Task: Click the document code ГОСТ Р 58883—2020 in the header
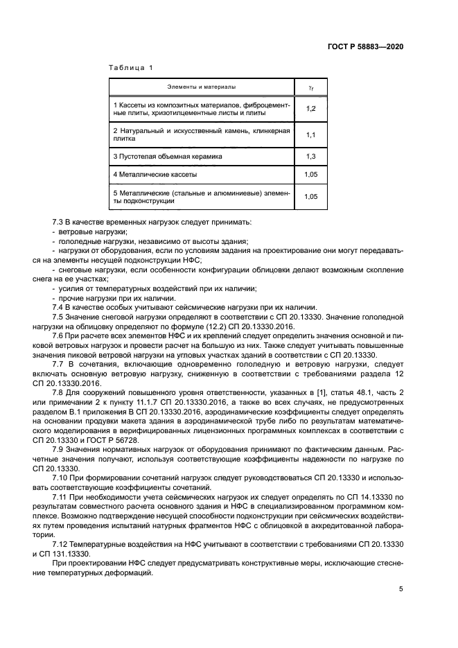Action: tap(365, 46)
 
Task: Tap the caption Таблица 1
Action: tap(130, 67)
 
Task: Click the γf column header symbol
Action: tap(310, 87)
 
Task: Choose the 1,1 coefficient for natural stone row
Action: tap(310, 134)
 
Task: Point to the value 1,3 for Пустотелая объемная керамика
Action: tap(310, 157)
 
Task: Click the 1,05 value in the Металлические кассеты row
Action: tap(310, 175)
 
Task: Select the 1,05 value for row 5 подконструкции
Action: tap(310, 197)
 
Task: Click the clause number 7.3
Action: tap(58, 222)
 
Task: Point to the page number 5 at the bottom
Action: tap(400, 590)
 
